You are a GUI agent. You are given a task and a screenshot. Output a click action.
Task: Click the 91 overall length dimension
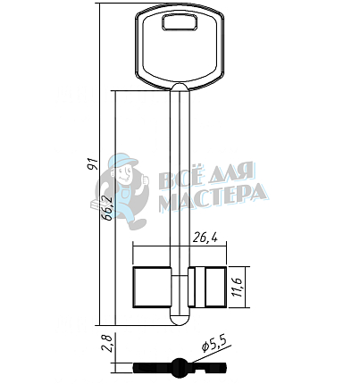click(x=93, y=163)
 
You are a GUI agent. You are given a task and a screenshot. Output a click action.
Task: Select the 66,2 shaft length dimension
click(x=106, y=208)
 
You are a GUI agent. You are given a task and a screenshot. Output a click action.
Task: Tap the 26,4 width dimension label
click(x=205, y=238)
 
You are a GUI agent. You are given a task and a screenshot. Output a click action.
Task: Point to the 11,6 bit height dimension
click(x=238, y=287)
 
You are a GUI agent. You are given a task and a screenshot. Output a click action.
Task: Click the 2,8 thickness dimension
click(x=106, y=344)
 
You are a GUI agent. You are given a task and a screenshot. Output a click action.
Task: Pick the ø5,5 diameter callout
click(x=216, y=345)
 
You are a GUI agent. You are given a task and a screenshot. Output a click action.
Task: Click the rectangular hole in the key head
click(x=180, y=22)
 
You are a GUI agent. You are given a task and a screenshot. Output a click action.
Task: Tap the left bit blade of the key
click(x=152, y=288)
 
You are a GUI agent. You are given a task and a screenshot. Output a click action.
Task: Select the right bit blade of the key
click(x=207, y=288)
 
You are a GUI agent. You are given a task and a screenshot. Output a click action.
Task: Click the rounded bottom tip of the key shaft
click(x=180, y=320)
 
